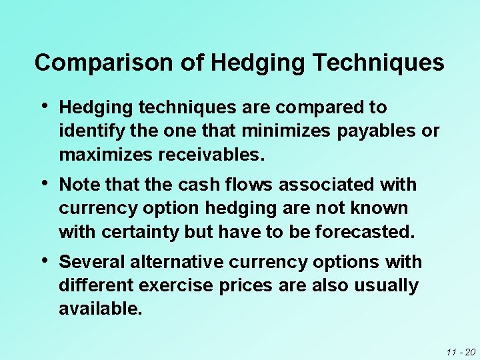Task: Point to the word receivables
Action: pos(211,155)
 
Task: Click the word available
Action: pos(100,310)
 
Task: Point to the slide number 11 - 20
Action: pos(460,351)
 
